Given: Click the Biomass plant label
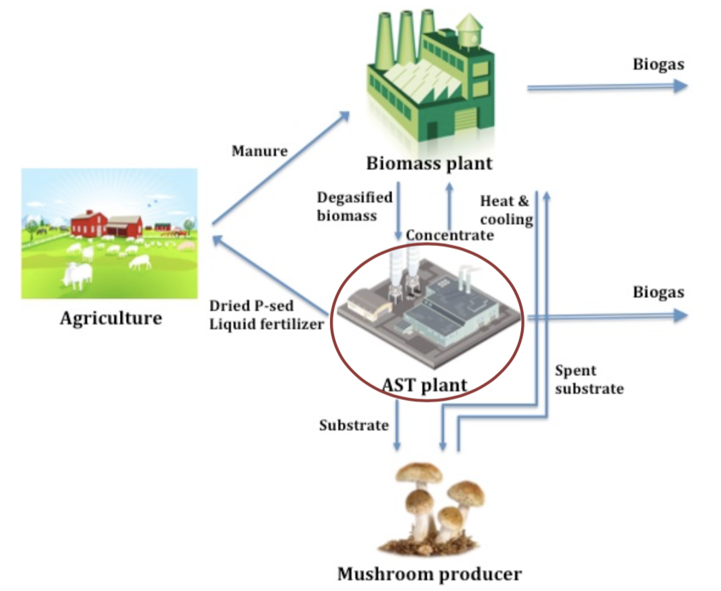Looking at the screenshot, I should coord(429,163).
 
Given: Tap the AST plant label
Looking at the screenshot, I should coord(425,385).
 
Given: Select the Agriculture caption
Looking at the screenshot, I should coord(110,317).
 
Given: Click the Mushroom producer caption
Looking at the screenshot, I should coord(430,574).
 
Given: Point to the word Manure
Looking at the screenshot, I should coord(260,150).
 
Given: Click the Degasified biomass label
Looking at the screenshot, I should coord(354,205).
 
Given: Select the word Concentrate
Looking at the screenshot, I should coord(449,235).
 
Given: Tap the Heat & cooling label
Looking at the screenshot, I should coord(506,210).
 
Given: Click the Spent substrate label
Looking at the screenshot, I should coord(588,380).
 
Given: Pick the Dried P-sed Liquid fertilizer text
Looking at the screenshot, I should coord(266,314).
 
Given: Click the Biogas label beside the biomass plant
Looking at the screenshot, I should coord(658,64).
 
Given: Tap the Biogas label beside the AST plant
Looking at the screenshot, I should coord(658,293).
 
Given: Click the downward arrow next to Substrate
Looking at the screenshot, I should coord(398,428).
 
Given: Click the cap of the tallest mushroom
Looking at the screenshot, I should coord(419,472).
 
